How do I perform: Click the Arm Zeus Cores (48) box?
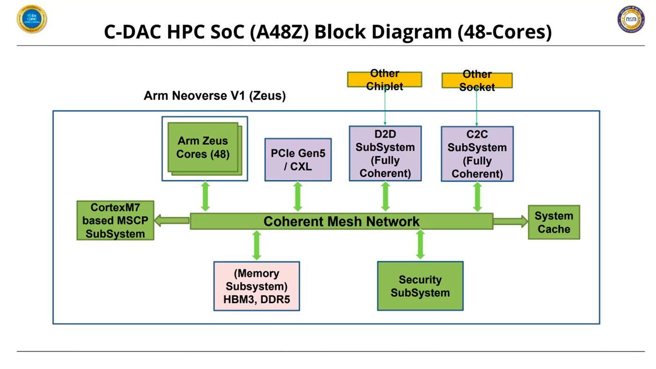(x=203, y=148)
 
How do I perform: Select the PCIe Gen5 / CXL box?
(x=298, y=160)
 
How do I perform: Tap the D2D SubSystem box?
(x=385, y=153)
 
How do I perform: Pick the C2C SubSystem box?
(x=477, y=154)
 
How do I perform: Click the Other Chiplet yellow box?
(x=384, y=79)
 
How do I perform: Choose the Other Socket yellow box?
(x=477, y=80)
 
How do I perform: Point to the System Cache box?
(x=554, y=222)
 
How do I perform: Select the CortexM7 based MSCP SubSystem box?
(x=115, y=221)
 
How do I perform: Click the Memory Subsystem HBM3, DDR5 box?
(x=257, y=286)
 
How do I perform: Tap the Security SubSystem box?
(x=420, y=286)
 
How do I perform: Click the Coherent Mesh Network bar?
(x=341, y=221)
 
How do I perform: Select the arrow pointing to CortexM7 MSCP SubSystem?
(x=172, y=220)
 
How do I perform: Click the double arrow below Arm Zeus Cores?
(x=205, y=197)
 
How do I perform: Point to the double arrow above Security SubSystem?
(x=420, y=244)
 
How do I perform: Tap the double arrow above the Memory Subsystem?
(x=257, y=245)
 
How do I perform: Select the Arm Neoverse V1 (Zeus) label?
(x=215, y=96)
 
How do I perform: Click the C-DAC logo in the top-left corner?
(x=32, y=19)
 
